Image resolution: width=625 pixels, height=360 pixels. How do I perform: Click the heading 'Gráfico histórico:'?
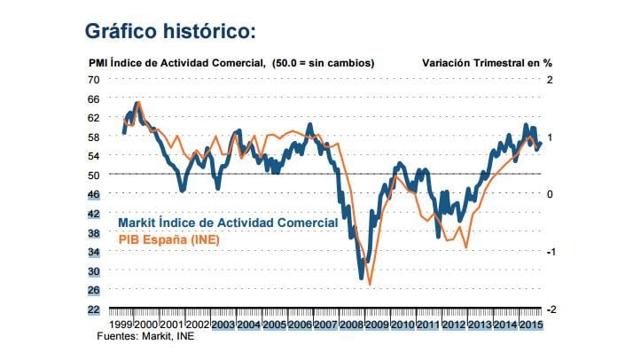(170, 31)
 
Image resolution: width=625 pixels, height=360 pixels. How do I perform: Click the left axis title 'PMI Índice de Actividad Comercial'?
(176, 63)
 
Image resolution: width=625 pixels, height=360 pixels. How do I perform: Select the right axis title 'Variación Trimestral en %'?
(486, 63)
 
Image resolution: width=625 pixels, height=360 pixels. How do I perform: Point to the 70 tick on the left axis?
(94, 79)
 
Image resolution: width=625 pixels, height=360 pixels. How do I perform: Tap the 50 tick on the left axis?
(94, 175)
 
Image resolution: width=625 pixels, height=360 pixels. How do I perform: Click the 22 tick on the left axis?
(94, 309)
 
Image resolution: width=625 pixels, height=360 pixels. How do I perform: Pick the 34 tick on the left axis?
(94, 252)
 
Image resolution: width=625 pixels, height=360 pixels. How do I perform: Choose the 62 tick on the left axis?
(94, 118)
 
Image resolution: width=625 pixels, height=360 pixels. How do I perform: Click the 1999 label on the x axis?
(121, 325)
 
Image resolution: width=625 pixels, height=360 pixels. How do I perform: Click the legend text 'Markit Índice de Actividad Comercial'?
(227, 223)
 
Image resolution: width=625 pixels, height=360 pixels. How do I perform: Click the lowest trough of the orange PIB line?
(369, 285)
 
